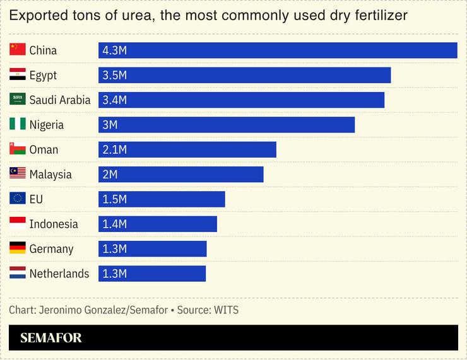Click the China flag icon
[x=18, y=50]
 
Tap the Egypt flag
[x=18, y=74]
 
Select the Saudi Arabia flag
[x=18, y=99]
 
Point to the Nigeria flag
[x=18, y=124]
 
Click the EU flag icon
[x=18, y=199]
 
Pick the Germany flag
[x=18, y=248]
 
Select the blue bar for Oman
[x=187, y=149]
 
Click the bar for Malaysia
[x=181, y=174]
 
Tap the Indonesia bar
[x=158, y=224]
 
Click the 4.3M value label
[x=114, y=50]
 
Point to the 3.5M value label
[x=114, y=75]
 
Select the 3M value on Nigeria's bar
[x=110, y=125]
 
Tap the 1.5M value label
[x=114, y=199]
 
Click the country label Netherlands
[x=59, y=274]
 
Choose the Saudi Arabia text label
[x=60, y=100]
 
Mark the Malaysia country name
[x=50, y=175]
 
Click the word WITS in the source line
[x=227, y=310]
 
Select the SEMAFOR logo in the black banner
[x=51, y=338]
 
